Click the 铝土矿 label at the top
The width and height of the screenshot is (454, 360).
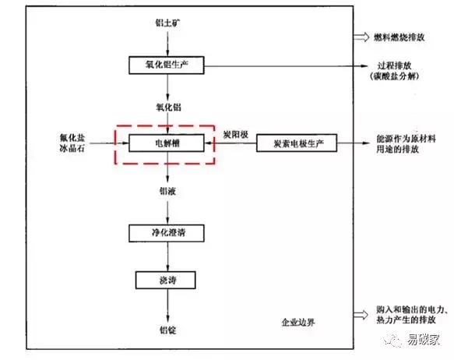(x=167, y=23)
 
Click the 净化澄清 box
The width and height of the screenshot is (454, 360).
(x=167, y=232)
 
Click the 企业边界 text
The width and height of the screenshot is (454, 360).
(x=300, y=323)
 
